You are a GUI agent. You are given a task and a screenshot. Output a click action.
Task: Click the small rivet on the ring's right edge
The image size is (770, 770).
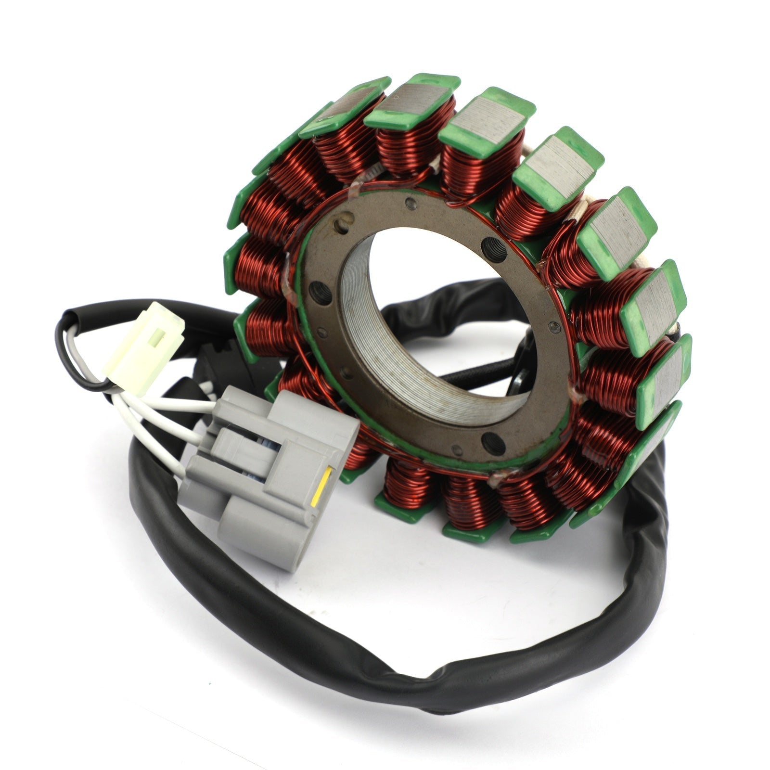point(555,327)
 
